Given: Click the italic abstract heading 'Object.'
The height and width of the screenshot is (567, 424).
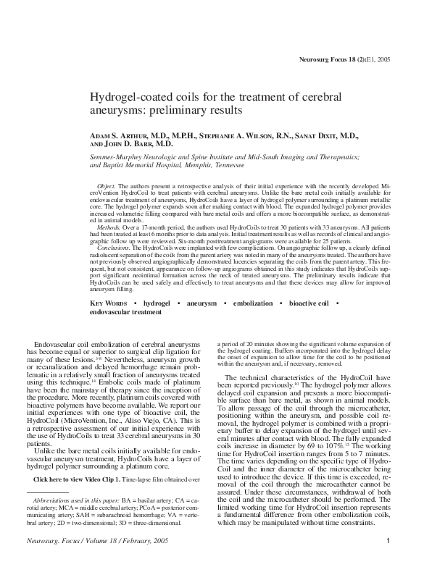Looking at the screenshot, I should tap(105, 187).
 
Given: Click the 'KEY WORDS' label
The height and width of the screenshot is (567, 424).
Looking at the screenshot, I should tap(110, 303).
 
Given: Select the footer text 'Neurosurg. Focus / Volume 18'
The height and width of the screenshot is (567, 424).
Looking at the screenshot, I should tap(78, 540).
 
